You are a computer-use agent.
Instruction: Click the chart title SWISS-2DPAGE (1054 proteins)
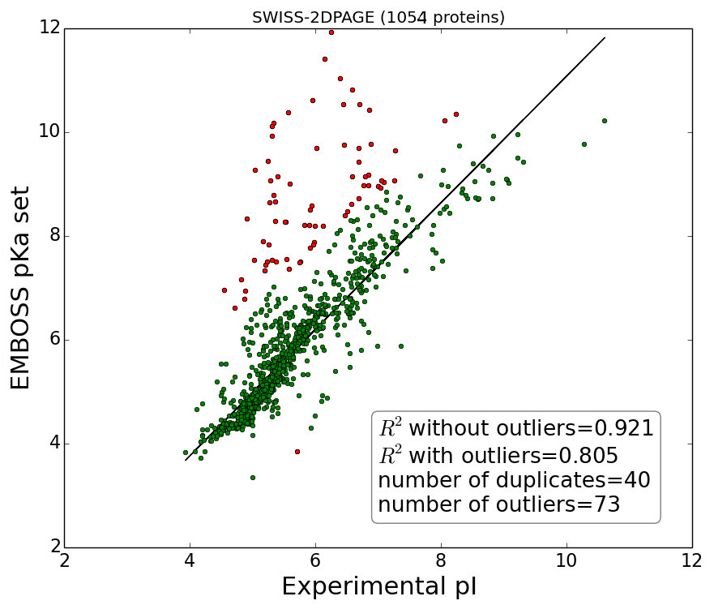tap(378, 17)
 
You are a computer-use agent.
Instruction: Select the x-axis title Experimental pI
tap(378, 586)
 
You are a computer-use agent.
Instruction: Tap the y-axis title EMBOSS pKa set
tap(21, 287)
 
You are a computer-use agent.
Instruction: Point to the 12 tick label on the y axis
tap(49, 28)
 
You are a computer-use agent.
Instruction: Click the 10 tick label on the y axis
tap(49, 132)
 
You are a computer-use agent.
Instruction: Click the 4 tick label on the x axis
tap(190, 561)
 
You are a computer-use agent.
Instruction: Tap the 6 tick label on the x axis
tap(316, 561)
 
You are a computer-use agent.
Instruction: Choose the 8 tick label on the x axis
tap(442, 561)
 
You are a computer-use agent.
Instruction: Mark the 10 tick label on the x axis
tap(567, 561)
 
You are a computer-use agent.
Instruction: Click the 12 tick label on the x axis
tap(692, 561)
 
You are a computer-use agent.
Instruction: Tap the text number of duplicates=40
tap(514, 480)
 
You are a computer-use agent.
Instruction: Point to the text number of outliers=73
tap(499, 505)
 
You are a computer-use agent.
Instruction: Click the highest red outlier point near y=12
tap(331, 32)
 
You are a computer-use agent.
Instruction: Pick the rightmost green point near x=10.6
tap(604, 121)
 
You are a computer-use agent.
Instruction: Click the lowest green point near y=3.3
tap(253, 478)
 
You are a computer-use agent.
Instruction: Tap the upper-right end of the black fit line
tap(605, 37)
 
